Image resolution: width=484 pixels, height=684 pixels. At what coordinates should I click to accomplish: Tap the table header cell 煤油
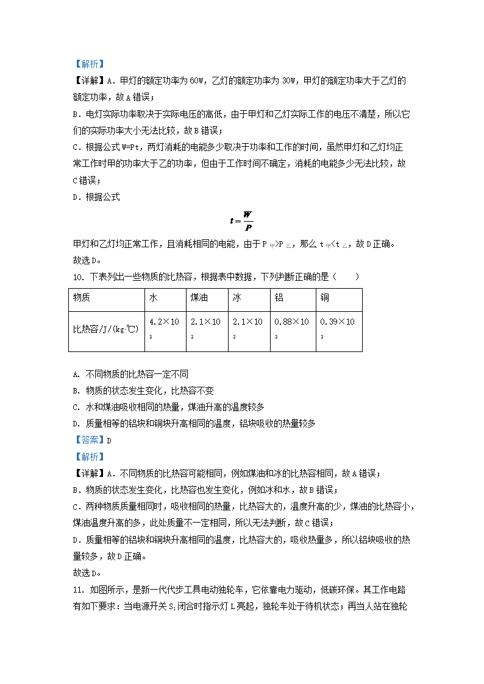pos(198,298)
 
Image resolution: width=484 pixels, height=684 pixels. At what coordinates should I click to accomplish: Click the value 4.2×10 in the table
pos(163,322)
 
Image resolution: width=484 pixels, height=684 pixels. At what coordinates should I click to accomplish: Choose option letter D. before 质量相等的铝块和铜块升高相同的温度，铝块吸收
pos(76,423)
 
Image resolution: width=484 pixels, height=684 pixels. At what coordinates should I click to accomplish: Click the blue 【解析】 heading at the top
pos(89,63)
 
